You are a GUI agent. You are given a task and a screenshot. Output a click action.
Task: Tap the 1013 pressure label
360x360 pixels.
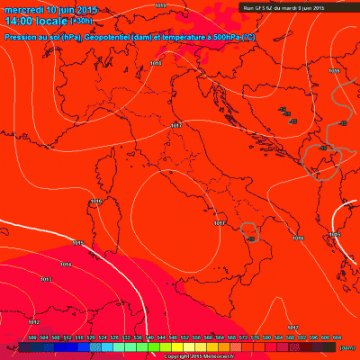pos(46,280)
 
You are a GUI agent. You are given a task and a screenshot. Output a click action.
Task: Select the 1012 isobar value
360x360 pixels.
pos(33,321)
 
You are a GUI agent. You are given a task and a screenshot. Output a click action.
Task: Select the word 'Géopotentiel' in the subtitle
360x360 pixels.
pos(106,38)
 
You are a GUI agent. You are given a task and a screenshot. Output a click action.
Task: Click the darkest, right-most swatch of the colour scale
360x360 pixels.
pos(332,346)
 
